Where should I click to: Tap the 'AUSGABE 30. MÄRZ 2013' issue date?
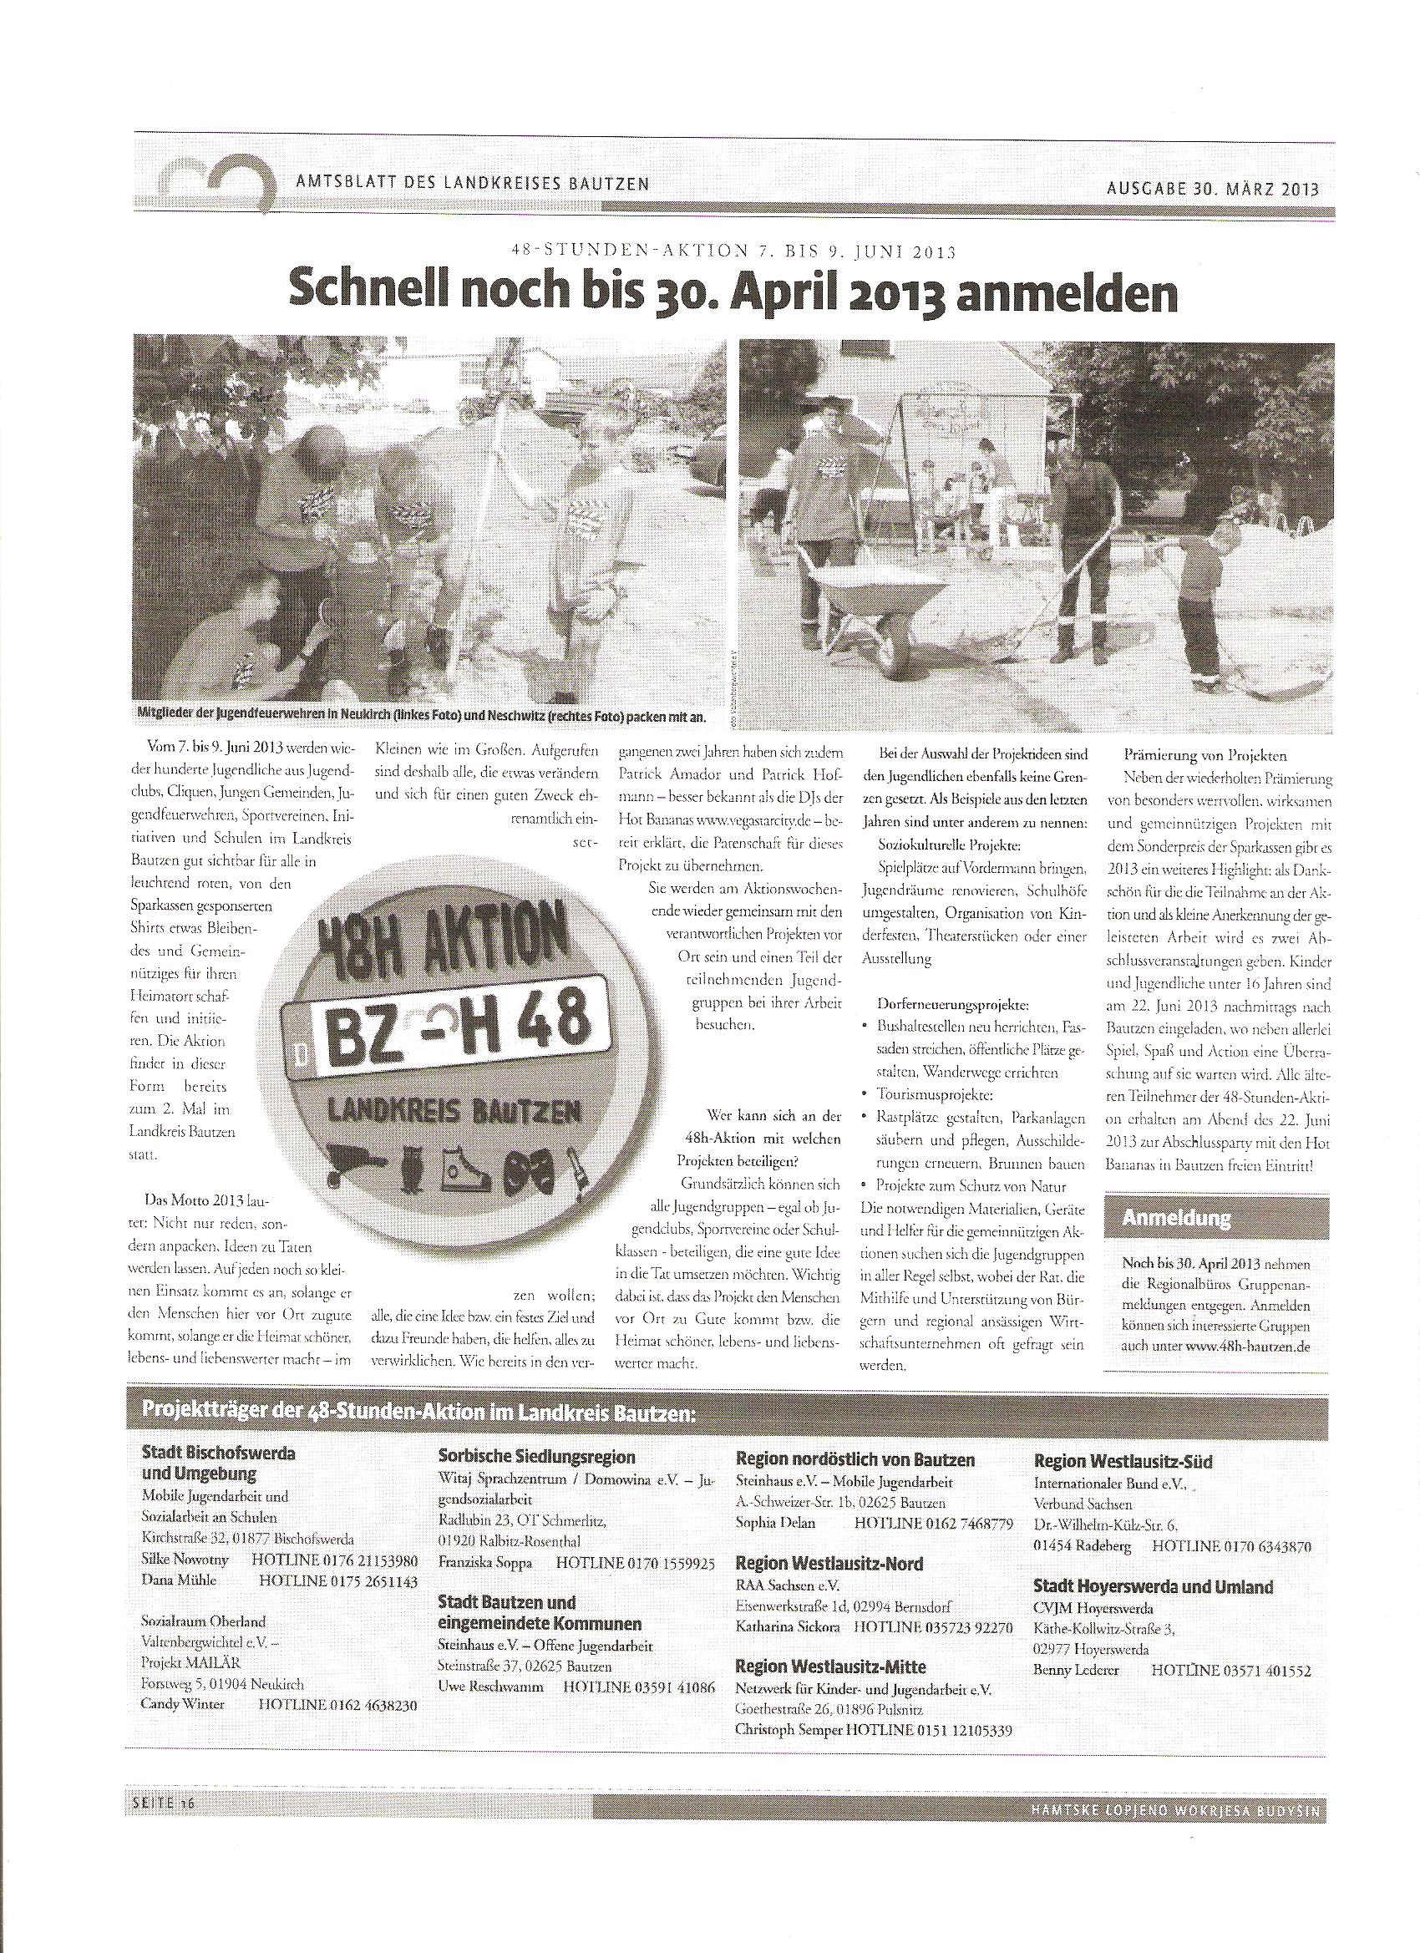[x=1213, y=190]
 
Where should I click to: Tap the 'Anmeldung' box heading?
[x=1177, y=1218]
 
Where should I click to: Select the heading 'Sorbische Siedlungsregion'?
[x=536, y=1457]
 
